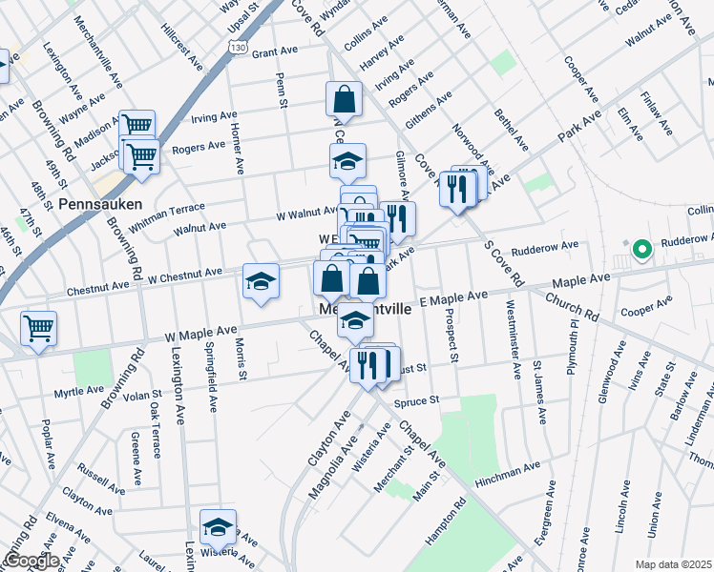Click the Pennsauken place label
99,205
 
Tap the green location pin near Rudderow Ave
642,251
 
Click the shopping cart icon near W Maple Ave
38,330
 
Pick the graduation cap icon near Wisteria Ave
219,527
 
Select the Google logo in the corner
31,561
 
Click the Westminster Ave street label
514,337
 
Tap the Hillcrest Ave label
182,49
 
